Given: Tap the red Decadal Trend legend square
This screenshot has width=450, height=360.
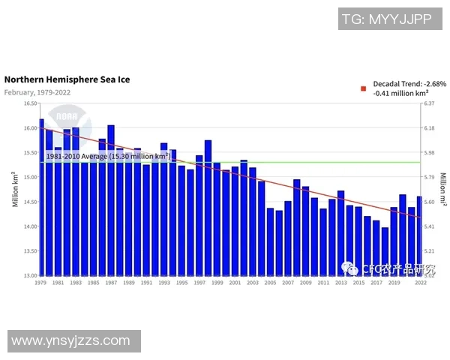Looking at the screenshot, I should click(364, 88).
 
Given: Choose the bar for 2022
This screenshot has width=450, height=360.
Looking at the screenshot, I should click(420, 235).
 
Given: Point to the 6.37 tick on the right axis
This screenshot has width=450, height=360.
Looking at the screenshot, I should click(430, 103).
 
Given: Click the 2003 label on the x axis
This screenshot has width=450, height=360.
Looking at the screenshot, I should click(253, 283).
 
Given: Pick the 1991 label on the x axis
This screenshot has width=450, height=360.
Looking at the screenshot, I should click(146, 283).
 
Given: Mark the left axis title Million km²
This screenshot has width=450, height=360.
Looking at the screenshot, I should click(14, 189).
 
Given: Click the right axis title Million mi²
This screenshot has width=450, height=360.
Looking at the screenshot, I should click(442, 189).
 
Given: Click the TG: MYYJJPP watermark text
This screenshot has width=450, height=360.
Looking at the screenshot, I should click(387, 19).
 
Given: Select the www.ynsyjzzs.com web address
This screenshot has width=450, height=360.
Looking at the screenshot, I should click(71, 341).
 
